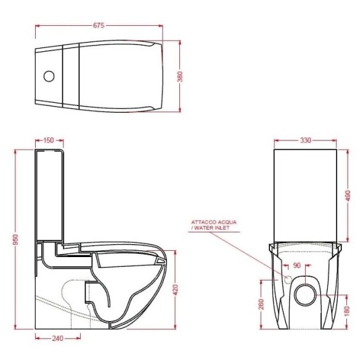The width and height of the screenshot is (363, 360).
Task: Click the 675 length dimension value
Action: [99, 25]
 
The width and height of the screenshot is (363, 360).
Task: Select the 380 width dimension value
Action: [180, 76]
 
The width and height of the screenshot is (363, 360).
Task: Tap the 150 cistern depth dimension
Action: [49, 141]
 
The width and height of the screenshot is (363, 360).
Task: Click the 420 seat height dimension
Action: [176, 287]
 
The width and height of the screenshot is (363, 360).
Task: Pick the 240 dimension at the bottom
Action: [58, 338]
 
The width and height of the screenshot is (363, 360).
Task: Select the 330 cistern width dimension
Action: [305, 141]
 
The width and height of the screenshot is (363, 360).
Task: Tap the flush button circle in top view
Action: [49, 77]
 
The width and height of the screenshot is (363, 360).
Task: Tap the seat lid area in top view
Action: [120, 76]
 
